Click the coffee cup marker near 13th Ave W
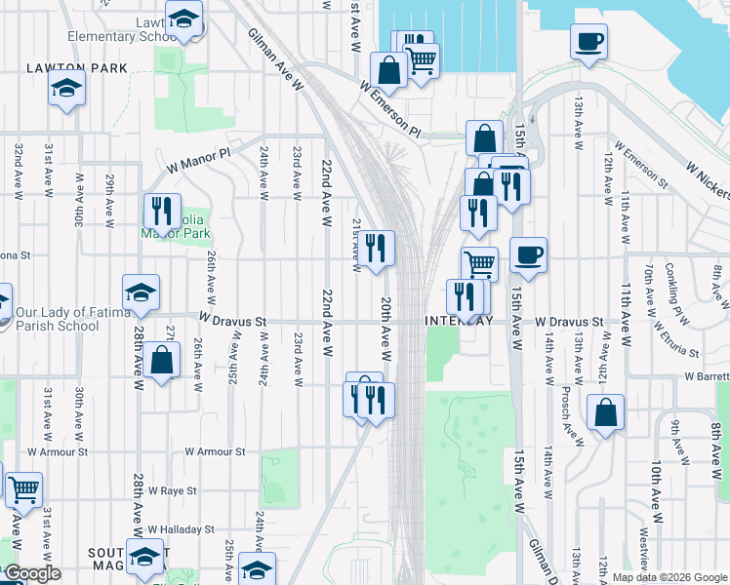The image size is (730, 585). click(588, 42)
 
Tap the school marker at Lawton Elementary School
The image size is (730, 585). click(182, 17)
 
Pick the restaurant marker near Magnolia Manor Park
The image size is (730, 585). click(161, 210)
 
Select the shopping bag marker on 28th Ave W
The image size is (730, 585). click(162, 362)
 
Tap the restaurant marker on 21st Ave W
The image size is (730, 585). click(376, 248)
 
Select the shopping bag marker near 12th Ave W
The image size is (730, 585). click(606, 411)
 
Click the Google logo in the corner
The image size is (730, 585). click(32, 573)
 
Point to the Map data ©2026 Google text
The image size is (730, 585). click(669, 577)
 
